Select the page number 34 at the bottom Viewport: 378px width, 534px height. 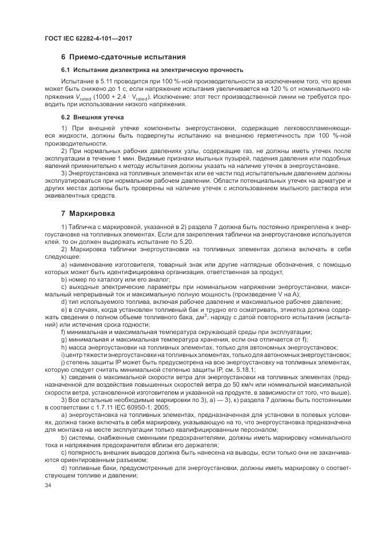click(x=48, y=485)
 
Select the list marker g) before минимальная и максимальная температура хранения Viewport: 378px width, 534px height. click(x=63, y=339)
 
